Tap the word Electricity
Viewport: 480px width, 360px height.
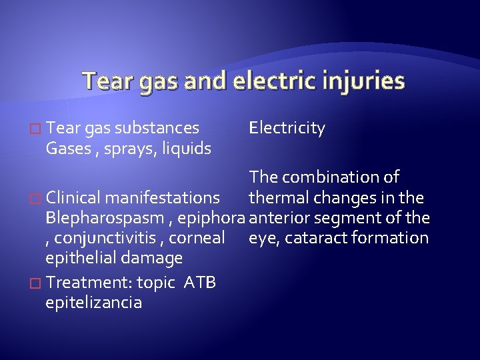click(287, 128)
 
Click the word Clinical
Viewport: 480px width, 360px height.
click(74, 198)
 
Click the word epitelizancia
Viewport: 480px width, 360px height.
click(93, 302)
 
